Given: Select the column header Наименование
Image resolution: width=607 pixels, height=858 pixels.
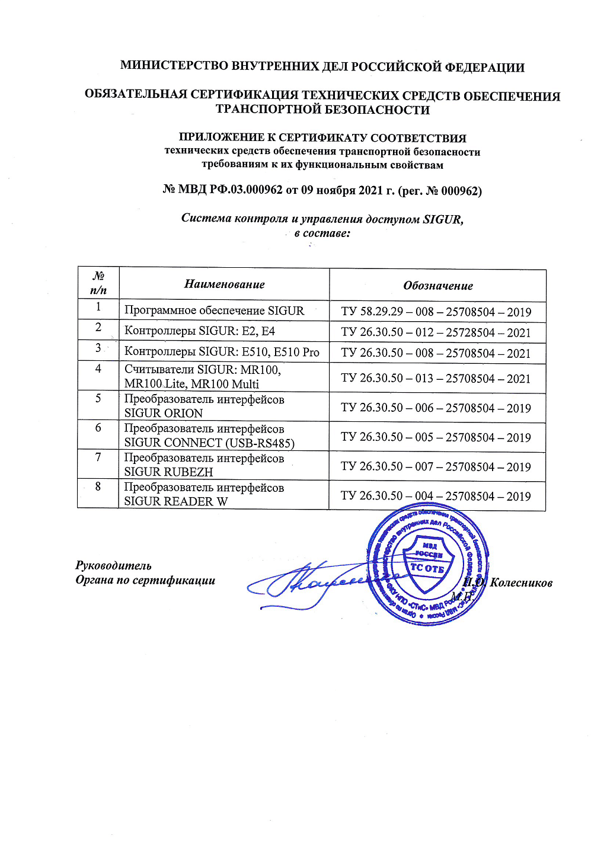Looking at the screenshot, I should pyautogui.click(x=224, y=284).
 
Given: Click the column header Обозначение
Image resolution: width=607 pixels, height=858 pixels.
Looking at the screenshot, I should pyautogui.click(x=437, y=286).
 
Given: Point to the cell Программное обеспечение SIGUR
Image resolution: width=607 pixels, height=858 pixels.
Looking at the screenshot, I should pyautogui.click(x=214, y=310).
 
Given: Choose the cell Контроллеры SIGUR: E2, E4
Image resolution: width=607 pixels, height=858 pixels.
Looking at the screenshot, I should pyautogui.click(x=200, y=331).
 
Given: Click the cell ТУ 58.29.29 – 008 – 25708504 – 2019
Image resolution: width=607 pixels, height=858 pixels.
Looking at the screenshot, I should pyautogui.click(x=436, y=312).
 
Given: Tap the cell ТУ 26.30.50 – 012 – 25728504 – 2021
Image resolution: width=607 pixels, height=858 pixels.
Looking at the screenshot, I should pyautogui.click(x=436, y=332).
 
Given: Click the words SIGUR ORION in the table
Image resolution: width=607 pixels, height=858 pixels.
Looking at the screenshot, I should pyautogui.click(x=164, y=413).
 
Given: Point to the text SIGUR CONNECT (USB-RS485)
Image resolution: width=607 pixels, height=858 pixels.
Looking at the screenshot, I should pyautogui.click(x=209, y=443).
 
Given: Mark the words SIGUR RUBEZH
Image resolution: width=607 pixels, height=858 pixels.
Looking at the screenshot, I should pyautogui.click(x=168, y=472).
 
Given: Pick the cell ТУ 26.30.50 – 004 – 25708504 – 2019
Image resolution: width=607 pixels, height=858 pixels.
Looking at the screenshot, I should pyautogui.click(x=436, y=496).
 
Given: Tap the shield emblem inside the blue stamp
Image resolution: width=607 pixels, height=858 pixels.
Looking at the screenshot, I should pyautogui.click(x=427, y=564).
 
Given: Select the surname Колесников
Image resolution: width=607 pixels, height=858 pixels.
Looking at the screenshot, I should pyautogui.click(x=521, y=583).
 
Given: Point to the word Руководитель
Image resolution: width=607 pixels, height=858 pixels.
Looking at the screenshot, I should pyautogui.click(x=113, y=565).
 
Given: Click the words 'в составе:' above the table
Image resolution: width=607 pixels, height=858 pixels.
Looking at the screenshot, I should pyautogui.click(x=322, y=233).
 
